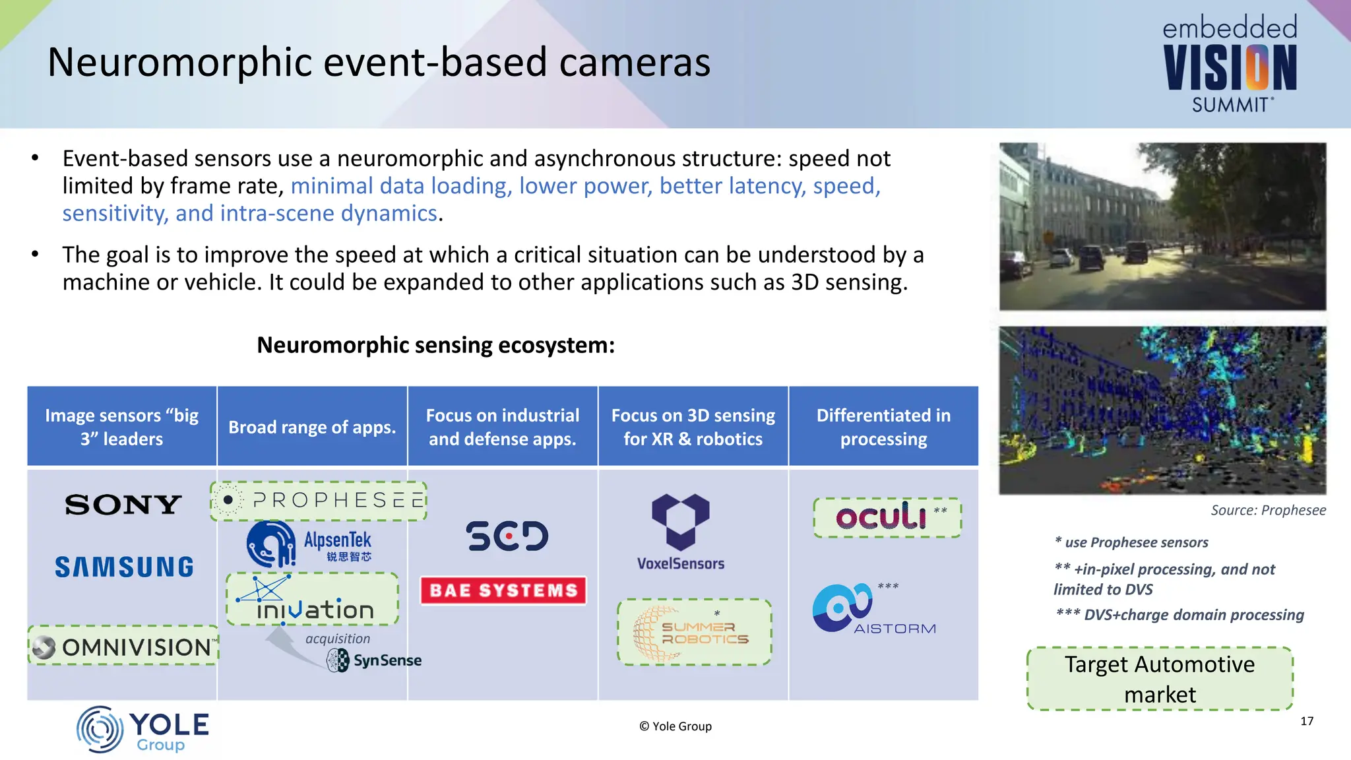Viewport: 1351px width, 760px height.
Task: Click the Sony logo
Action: tap(123, 505)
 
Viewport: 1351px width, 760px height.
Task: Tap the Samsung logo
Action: tap(124, 567)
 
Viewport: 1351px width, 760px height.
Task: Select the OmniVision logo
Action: tap(123, 647)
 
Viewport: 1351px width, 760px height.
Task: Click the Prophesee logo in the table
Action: tap(319, 501)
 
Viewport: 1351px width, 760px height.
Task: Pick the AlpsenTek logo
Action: tap(309, 544)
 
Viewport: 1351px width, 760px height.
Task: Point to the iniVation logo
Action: tap(313, 600)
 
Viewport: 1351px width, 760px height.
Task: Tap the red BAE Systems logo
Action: tap(503, 590)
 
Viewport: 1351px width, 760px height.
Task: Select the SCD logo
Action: tap(507, 536)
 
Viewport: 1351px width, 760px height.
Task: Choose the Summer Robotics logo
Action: tap(694, 633)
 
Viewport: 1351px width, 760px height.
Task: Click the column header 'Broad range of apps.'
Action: tap(312, 427)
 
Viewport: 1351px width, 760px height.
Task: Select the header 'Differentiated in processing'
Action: tap(883, 427)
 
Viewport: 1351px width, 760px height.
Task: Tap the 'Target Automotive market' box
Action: tap(1160, 679)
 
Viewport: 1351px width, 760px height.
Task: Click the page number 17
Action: tap(1306, 721)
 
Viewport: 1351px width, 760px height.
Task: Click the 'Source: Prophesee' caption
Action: tap(1268, 510)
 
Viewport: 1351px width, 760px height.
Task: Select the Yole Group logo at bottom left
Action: tap(142, 730)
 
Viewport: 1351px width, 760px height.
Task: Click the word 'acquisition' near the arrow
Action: tap(338, 639)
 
